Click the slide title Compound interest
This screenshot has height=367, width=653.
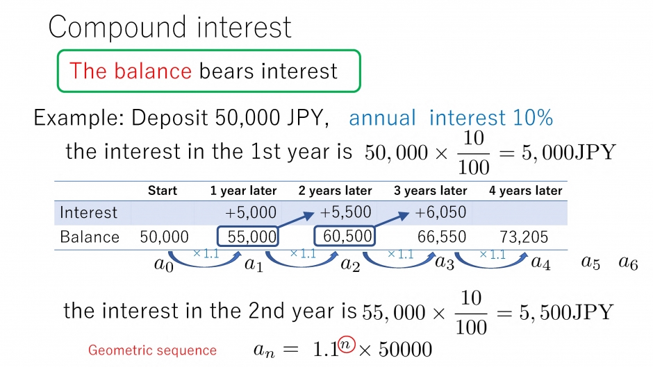(170, 27)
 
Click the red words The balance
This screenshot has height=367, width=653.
(131, 71)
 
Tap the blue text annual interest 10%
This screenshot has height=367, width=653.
(451, 117)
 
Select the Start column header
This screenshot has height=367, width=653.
(163, 191)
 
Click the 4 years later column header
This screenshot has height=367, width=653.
(526, 191)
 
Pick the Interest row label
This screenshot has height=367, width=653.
(88, 212)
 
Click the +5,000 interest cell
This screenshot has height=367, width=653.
(251, 212)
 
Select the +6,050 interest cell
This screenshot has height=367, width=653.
(440, 212)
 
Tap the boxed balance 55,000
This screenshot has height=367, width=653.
(248, 237)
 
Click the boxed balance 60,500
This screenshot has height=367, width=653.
(345, 236)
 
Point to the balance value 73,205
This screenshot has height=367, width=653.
(524, 237)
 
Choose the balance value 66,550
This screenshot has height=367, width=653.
(442, 237)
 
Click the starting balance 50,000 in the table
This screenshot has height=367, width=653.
(164, 237)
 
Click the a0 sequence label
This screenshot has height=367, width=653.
(164, 264)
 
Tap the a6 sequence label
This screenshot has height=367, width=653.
(628, 262)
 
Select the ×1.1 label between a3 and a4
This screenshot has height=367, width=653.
(493, 254)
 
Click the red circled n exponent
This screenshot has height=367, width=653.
(346, 345)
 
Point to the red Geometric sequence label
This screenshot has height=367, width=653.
(152, 350)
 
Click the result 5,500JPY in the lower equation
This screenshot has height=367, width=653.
(566, 312)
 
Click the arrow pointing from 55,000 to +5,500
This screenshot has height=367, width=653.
(296, 220)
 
